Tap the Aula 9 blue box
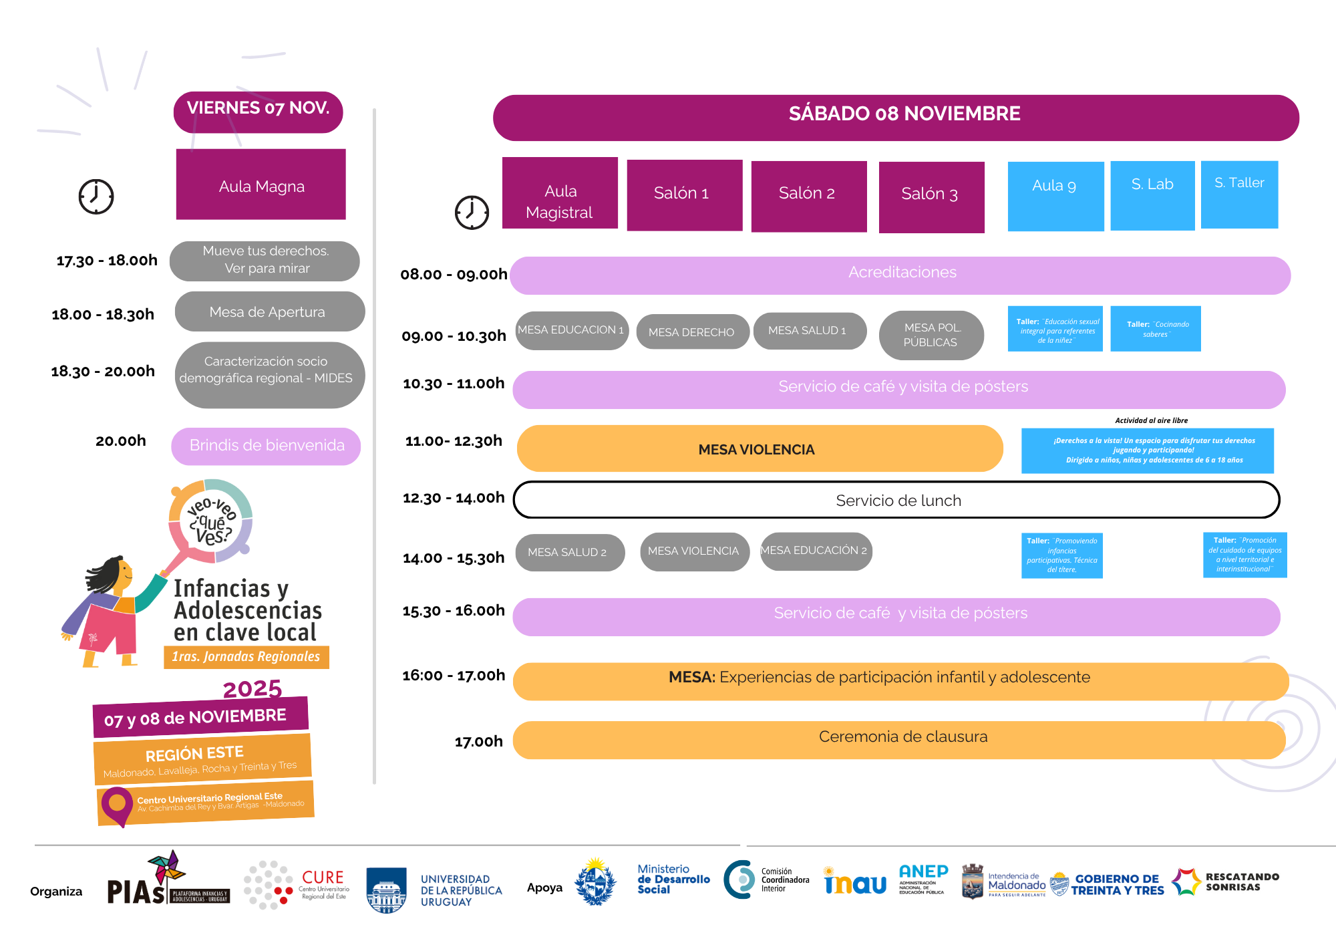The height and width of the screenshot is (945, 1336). coord(1055,195)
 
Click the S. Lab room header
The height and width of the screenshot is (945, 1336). coord(1152,194)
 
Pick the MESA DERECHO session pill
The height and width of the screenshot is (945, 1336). coord(691,331)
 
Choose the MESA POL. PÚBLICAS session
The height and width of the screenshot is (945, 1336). coord(931,335)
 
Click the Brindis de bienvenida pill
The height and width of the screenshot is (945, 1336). coord(266,446)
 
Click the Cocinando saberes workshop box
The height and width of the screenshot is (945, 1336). coord(1155,329)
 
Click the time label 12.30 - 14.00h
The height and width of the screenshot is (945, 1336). coord(453,498)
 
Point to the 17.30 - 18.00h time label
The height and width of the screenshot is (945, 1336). coord(107,261)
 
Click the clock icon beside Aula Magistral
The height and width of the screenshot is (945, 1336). coord(472,213)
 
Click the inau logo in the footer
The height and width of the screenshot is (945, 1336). coord(855,883)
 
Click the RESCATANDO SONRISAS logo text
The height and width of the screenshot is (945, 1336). coord(1241,882)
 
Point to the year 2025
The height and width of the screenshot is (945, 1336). coord(253,688)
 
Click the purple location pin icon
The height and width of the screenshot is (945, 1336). coord(117,805)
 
